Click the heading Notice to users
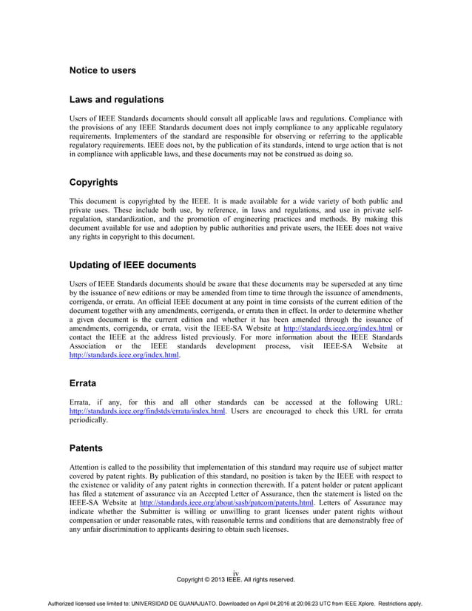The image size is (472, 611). (102, 70)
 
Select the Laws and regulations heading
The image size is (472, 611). (116, 99)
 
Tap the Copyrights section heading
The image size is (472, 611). (93, 182)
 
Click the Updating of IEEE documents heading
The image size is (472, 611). (132, 265)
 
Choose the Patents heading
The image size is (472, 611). (86, 448)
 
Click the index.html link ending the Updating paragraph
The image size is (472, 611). (124, 355)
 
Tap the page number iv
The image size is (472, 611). (235, 573)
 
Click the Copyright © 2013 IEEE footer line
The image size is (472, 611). (236, 579)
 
